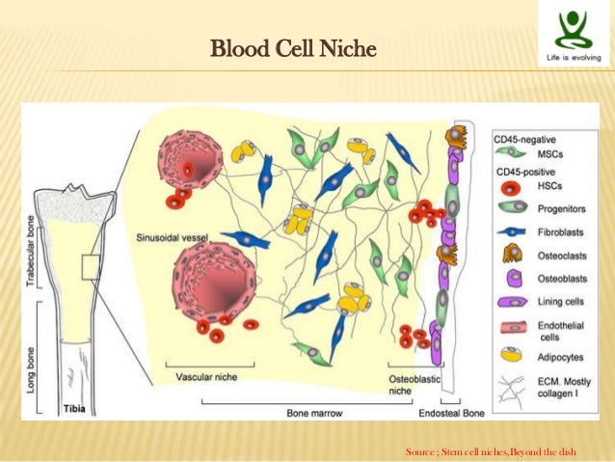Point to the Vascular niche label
205,376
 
